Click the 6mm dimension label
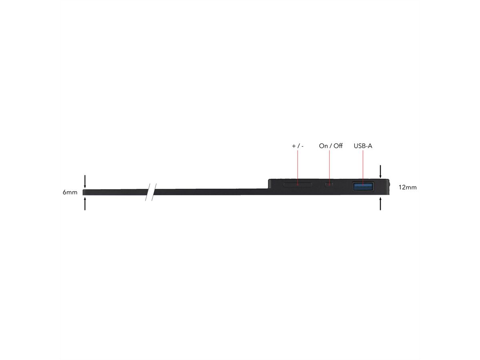[x=70, y=192]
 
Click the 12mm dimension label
[x=408, y=187]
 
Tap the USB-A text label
[x=363, y=146]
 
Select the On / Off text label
[x=331, y=146]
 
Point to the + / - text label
[x=298, y=146]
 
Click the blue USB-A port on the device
[x=363, y=186]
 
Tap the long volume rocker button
[x=298, y=185]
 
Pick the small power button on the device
[x=329, y=185]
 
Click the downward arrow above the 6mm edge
[x=85, y=182]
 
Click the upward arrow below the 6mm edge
[x=85, y=204]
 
